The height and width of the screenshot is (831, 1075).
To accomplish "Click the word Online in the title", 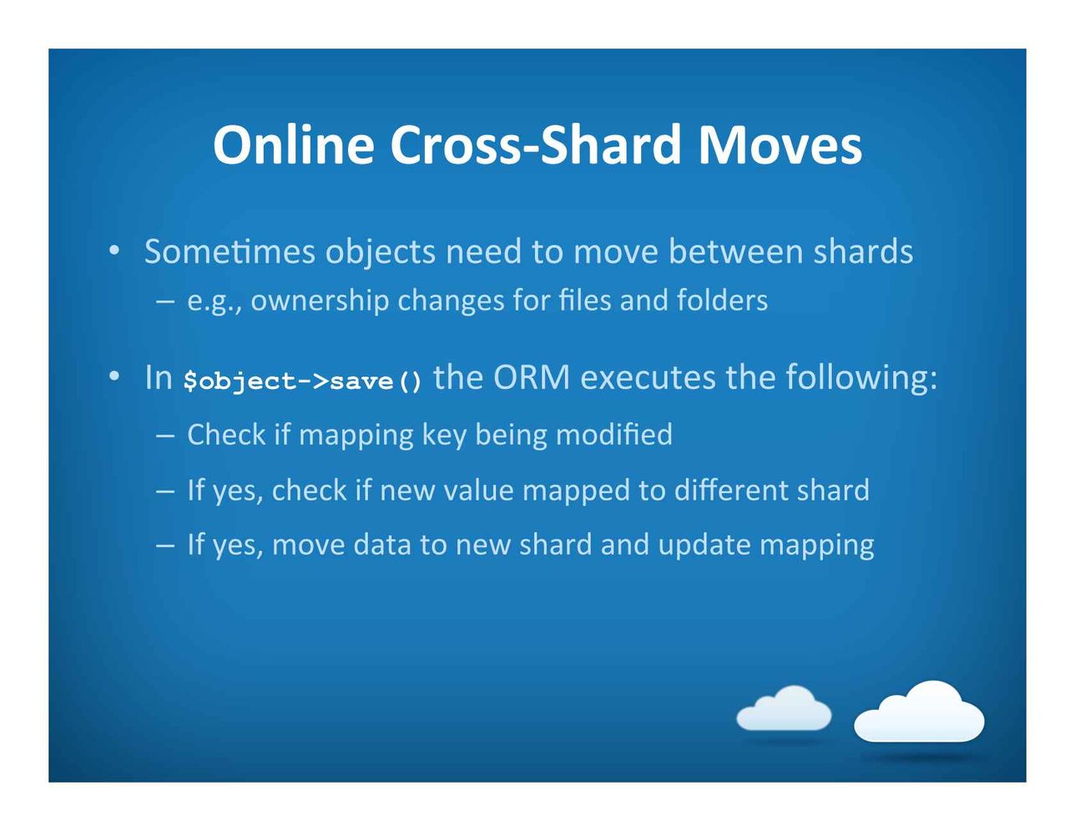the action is coord(293,144).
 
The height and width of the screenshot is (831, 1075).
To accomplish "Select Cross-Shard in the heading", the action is coord(536,144).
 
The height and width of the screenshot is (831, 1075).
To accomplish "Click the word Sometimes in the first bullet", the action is coord(230,251).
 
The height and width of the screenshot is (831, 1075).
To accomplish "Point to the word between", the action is coord(735,251).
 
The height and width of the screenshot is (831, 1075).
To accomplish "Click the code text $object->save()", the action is coord(303,381).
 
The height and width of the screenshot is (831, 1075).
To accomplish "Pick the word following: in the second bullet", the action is coord(861,378).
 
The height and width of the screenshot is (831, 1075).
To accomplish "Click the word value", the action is coord(478,490).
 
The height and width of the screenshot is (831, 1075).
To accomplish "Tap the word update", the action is coord(704,546).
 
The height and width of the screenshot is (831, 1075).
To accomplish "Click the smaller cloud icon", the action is coord(784,708).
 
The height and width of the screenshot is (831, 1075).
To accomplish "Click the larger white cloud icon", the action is coord(919,713).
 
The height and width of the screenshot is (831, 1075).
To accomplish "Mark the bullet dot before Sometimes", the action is coord(114,251).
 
